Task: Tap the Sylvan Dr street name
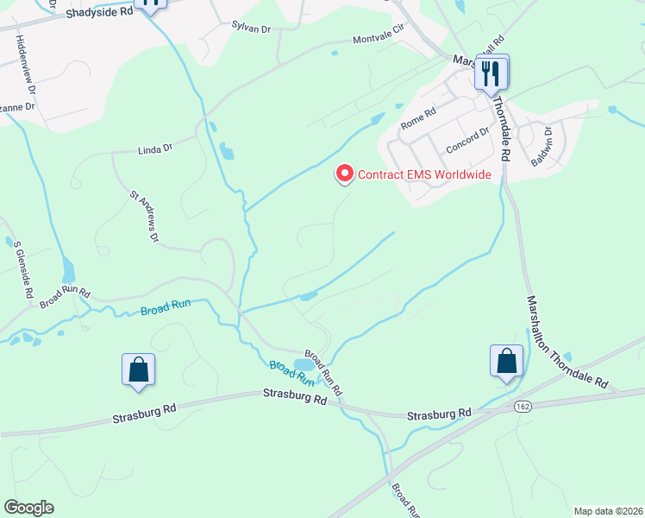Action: pyautogui.click(x=251, y=28)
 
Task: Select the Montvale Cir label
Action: pyautogui.click(x=379, y=40)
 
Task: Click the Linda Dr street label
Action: pyautogui.click(x=155, y=148)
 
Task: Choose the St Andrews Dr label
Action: pyautogui.click(x=145, y=215)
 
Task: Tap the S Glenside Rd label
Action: pyautogui.click(x=22, y=268)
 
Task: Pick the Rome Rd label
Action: pyautogui.click(x=419, y=118)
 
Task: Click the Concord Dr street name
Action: pyautogui.click(x=467, y=141)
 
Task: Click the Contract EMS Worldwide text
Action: pyautogui.click(x=424, y=175)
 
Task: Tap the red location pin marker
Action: pyautogui.click(x=345, y=174)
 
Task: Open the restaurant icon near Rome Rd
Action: pyautogui.click(x=492, y=73)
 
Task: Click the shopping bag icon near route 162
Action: pyautogui.click(x=506, y=362)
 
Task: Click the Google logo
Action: pyautogui.click(x=28, y=508)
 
